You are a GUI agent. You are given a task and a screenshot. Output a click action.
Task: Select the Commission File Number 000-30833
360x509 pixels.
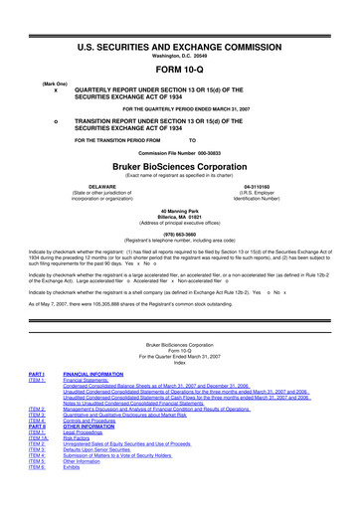[180, 155]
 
